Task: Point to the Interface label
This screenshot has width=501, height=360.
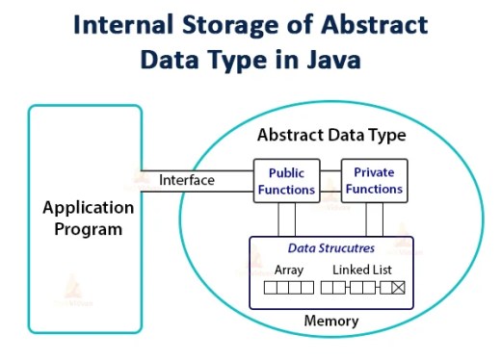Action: point(187,180)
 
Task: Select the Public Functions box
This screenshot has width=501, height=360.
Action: point(286,181)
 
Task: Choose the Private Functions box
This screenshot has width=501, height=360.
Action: point(375,181)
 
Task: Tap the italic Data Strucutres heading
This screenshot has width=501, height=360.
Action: point(330,249)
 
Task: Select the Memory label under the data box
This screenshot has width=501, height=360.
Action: point(330,321)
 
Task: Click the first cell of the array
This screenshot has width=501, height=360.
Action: point(270,287)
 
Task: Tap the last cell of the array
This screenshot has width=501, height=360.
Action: point(307,287)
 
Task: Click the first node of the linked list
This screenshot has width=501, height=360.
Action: point(332,287)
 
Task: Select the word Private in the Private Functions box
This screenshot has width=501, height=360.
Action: point(375,173)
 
